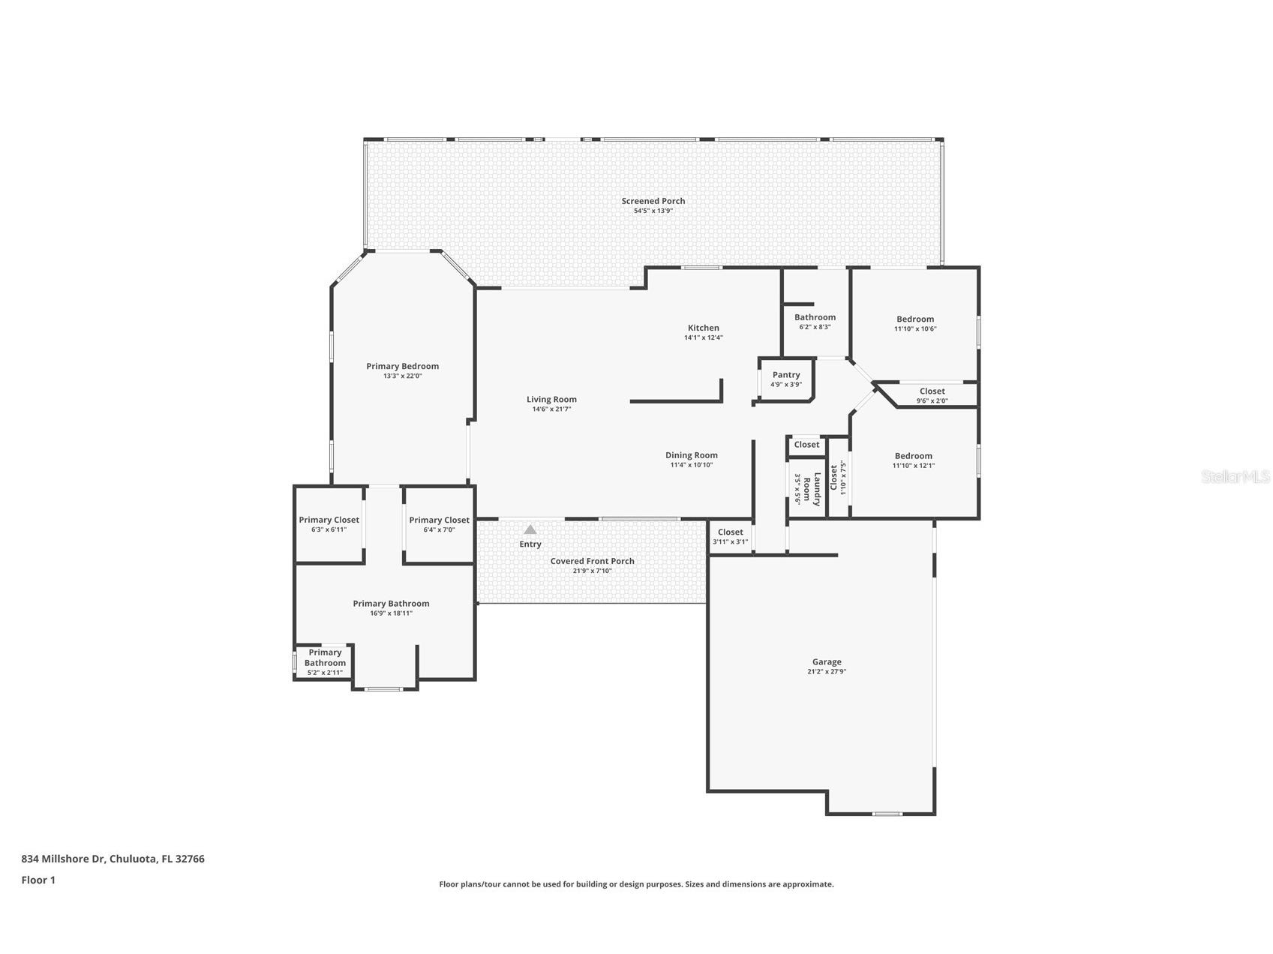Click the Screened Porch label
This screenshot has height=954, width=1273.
tap(653, 201)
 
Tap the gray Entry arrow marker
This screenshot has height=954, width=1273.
tap(530, 529)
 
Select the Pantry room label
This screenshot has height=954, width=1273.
tap(786, 375)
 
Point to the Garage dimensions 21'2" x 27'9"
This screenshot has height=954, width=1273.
tap(826, 672)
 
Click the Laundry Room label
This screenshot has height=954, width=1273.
tap(812, 489)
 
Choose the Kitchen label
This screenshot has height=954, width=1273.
tap(703, 328)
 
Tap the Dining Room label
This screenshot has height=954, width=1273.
tap(691, 455)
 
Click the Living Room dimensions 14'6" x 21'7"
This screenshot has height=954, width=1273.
tap(551, 409)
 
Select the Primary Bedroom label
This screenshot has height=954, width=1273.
tap(402, 366)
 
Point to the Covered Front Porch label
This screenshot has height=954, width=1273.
tap(592, 561)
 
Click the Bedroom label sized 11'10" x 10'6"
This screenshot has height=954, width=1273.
tap(915, 319)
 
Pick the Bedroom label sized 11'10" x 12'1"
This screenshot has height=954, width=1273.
tap(913, 456)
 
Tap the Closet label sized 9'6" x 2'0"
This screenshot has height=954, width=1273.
tap(932, 391)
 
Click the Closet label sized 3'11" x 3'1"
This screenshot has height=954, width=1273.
tap(730, 532)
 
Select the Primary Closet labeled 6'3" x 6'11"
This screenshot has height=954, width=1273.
tap(329, 520)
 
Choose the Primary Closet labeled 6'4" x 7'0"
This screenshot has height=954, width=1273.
tap(439, 520)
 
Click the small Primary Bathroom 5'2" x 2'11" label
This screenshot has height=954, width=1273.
tap(325, 658)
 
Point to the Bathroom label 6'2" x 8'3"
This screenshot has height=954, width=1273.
tap(815, 317)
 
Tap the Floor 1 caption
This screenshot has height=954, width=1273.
tap(38, 880)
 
